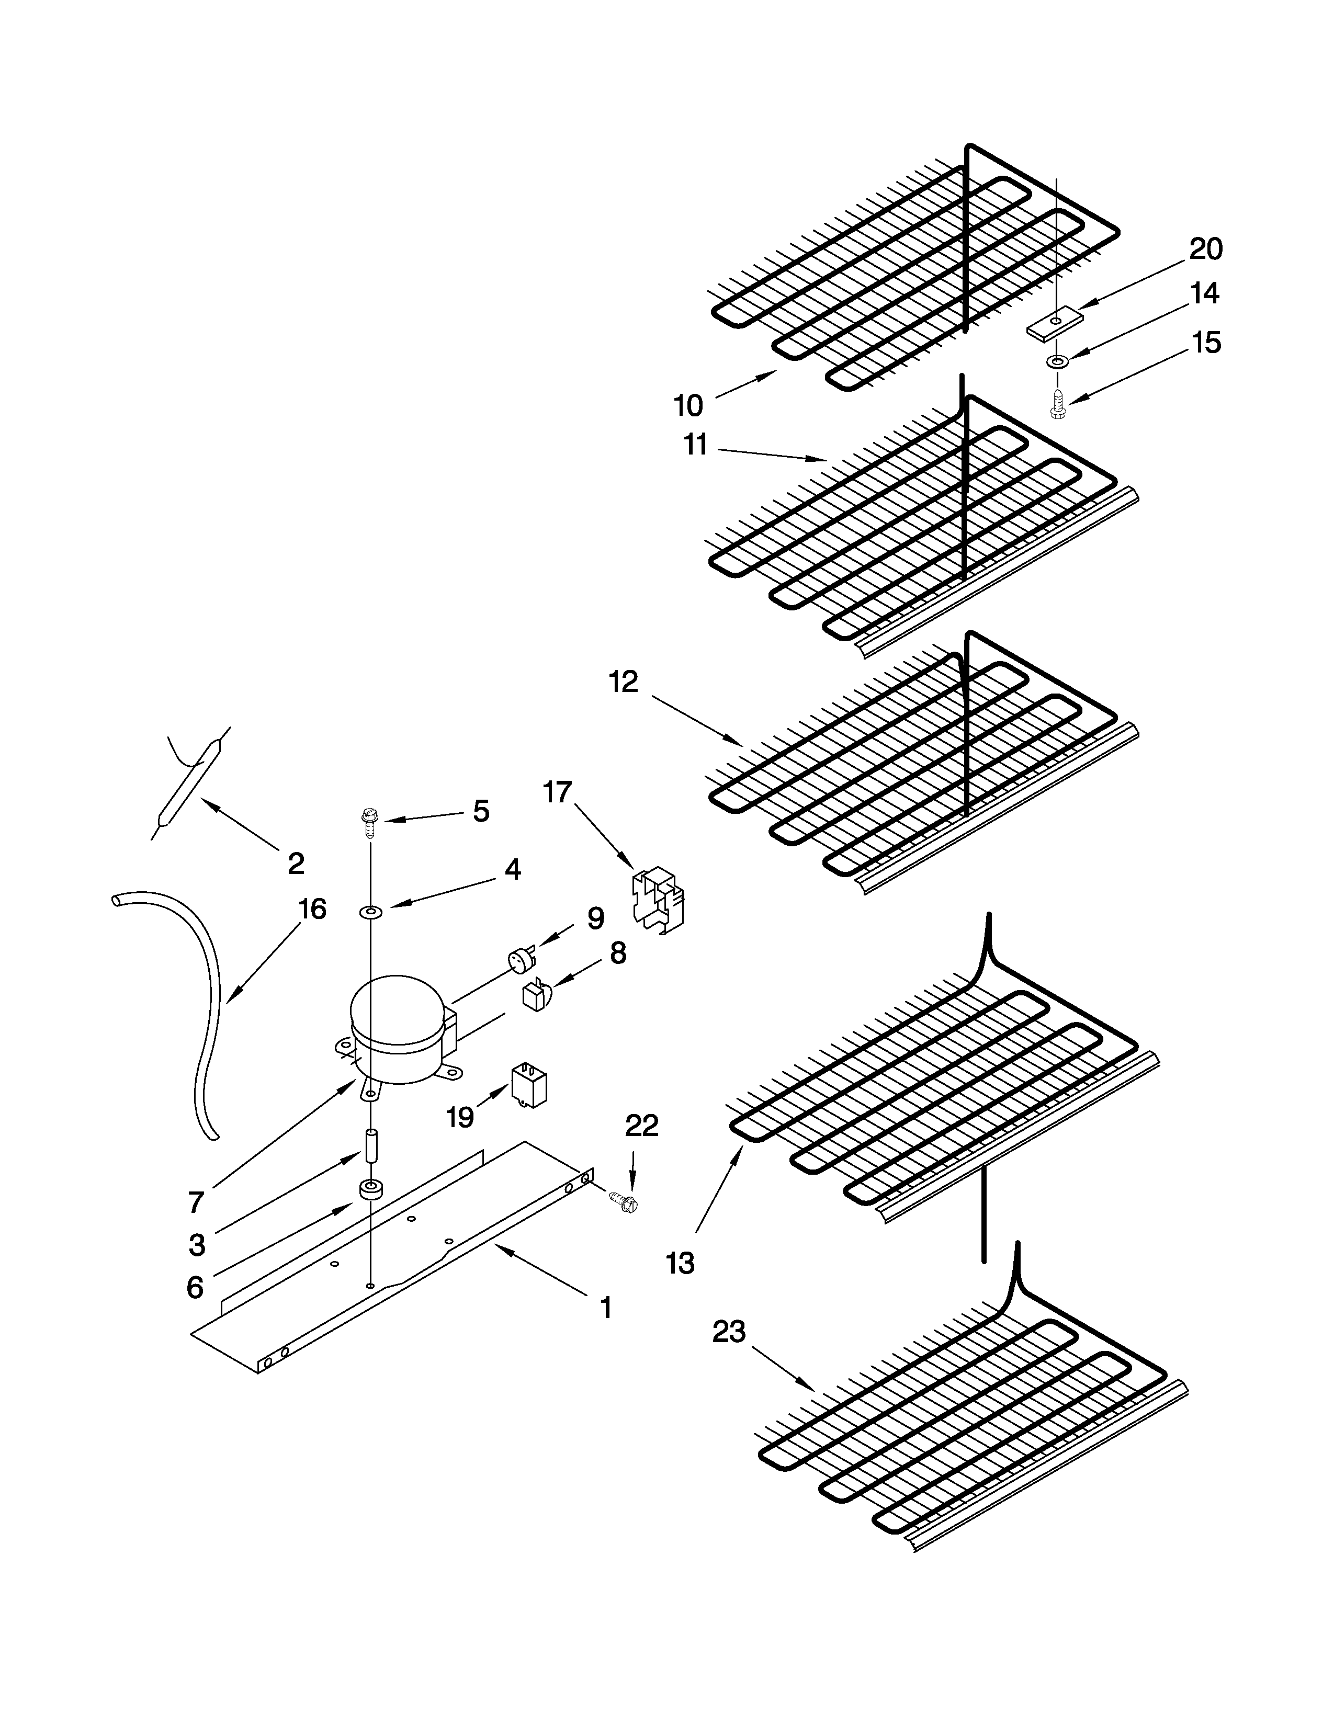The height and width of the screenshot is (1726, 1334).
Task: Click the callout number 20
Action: click(x=1206, y=249)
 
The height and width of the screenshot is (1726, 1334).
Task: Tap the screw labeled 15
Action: click(x=1057, y=404)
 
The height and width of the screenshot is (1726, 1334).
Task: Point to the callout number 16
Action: click(x=312, y=910)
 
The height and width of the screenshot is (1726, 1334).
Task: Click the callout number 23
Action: click(x=729, y=1333)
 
